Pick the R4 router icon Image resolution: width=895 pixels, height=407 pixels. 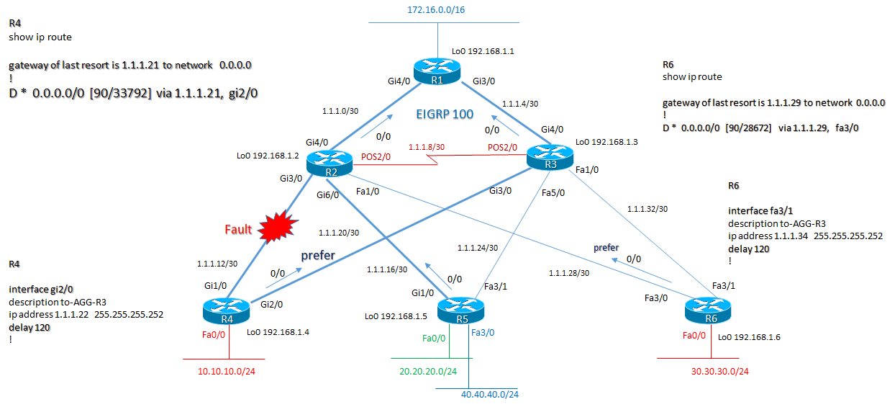226,312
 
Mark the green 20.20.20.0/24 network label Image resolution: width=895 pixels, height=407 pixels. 429,371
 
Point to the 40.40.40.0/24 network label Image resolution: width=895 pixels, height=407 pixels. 490,394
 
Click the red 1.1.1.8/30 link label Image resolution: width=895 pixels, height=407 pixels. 426,147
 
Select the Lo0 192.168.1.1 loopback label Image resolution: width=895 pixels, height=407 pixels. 482,51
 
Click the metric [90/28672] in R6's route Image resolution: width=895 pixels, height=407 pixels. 765,128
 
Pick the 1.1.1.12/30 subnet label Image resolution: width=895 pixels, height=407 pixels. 217,264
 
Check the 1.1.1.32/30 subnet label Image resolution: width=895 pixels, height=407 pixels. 648,208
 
